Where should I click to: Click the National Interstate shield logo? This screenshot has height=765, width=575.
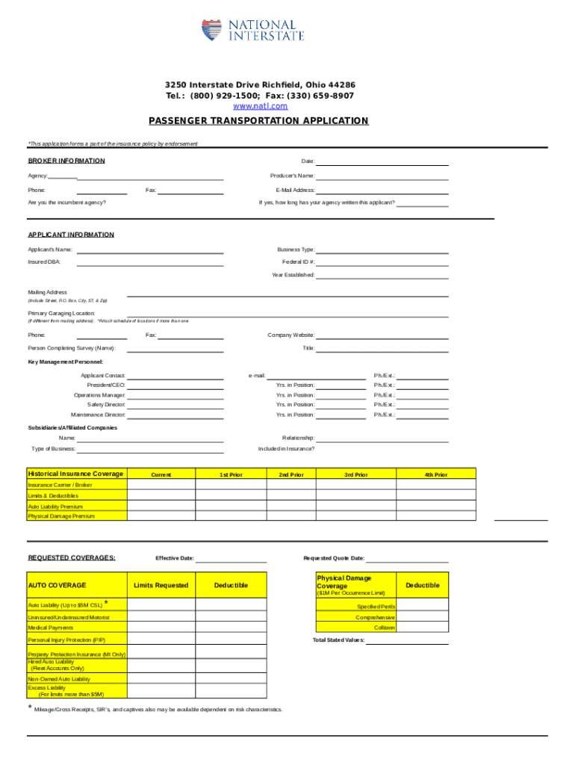coord(211,31)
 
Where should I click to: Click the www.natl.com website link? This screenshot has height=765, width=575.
coord(260,107)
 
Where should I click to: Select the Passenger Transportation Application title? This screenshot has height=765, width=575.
coord(258,121)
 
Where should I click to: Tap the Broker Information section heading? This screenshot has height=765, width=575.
coord(66,161)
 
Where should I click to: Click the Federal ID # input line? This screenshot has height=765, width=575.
coord(382,262)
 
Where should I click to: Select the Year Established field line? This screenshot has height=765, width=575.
coord(382,275)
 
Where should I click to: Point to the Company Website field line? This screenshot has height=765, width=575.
coord(382,335)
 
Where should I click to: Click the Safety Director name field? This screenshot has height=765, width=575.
coord(175,404)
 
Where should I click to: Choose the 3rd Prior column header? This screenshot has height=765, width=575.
coord(355,474)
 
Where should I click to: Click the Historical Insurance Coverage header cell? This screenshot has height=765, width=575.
coord(75,474)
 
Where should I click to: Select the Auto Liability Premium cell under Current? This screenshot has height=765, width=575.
coord(161,506)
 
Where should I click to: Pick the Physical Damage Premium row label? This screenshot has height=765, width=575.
coord(61,515)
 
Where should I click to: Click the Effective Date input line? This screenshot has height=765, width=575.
coord(231,558)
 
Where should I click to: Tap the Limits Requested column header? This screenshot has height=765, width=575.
coord(161,585)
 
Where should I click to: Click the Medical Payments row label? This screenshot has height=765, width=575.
coord(51,628)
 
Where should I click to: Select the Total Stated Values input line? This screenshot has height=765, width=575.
coord(408,640)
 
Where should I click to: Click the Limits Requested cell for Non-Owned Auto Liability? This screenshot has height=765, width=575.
coord(161,678)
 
